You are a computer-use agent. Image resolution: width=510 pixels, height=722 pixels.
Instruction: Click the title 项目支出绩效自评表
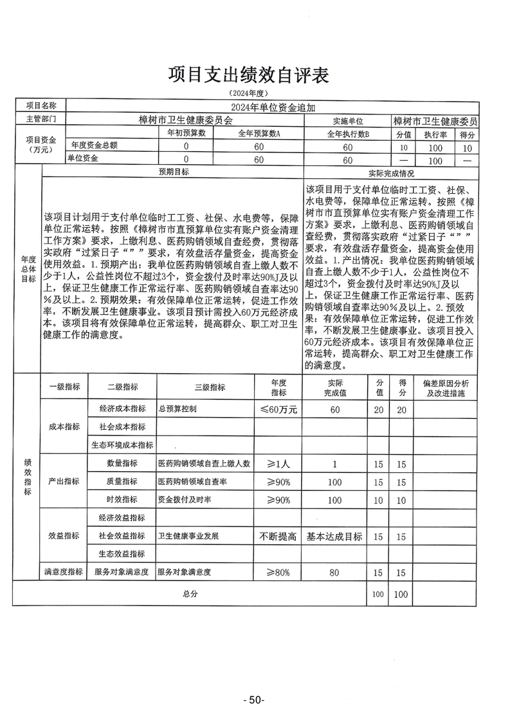248,75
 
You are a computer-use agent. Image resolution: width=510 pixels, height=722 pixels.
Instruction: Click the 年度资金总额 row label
94,145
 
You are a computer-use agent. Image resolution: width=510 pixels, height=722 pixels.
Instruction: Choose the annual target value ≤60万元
278,409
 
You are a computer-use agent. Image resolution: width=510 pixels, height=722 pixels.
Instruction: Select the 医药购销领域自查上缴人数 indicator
204,463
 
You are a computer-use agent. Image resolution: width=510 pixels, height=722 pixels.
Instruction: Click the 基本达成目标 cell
334,536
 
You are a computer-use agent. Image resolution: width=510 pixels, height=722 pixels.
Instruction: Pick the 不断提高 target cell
278,536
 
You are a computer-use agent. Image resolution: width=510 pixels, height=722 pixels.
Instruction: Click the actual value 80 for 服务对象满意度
334,571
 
